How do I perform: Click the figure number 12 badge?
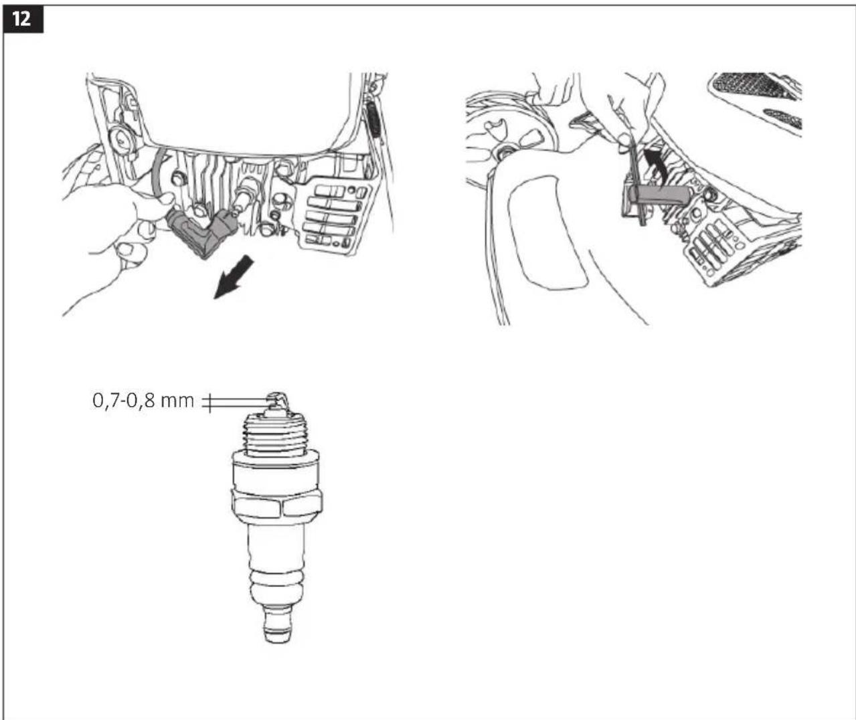click(x=23, y=19)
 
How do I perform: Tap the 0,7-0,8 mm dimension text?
click(x=143, y=401)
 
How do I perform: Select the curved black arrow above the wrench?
click(x=655, y=165)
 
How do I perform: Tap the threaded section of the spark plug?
click(x=276, y=436)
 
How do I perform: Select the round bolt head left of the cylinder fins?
click(x=177, y=179)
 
